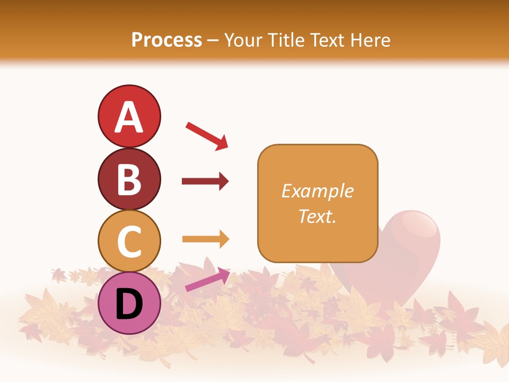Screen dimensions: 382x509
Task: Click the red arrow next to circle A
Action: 207,136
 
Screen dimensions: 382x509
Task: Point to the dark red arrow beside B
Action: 205,181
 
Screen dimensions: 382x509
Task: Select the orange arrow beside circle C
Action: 205,239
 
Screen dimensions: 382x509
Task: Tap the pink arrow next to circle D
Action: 207,280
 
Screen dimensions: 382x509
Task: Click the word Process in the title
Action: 166,40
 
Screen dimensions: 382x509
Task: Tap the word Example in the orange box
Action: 317,191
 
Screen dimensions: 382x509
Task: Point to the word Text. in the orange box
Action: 317,216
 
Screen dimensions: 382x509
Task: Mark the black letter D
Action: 129,304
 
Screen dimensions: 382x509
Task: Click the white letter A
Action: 129,117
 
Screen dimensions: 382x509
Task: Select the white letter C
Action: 129,241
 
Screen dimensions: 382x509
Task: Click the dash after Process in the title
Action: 213,41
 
